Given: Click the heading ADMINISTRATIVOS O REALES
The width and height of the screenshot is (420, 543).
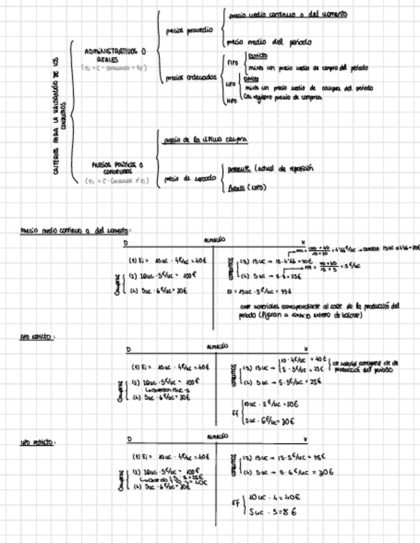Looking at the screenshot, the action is [115, 54].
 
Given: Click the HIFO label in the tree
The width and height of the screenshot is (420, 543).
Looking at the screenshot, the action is [232, 100].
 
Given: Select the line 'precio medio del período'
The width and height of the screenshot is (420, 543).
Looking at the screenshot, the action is [270, 42].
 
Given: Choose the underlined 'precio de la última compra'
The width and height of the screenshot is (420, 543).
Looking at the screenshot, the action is [206, 139].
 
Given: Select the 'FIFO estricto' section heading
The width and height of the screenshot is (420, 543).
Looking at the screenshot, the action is [36, 337].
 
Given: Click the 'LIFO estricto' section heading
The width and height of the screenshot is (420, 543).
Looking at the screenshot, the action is [36, 442].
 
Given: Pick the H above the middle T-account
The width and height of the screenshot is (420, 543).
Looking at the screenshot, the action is [305, 349].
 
